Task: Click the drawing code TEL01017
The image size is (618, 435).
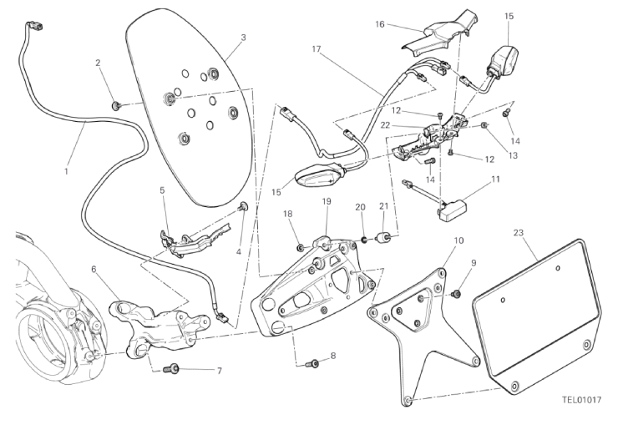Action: click(x=581, y=400)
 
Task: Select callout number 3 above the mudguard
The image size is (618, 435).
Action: click(x=243, y=38)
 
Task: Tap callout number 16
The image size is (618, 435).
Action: click(x=380, y=25)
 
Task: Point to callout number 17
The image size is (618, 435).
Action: click(x=317, y=49)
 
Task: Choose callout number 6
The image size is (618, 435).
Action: click(x=94, y=269)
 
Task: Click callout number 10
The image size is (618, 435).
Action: click(x=458, y=240)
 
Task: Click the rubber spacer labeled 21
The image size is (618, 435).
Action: click(x=387, y=238)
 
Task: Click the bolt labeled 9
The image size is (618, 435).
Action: click(x=457, y=294)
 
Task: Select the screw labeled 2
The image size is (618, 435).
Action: click(x=117, y=105)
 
